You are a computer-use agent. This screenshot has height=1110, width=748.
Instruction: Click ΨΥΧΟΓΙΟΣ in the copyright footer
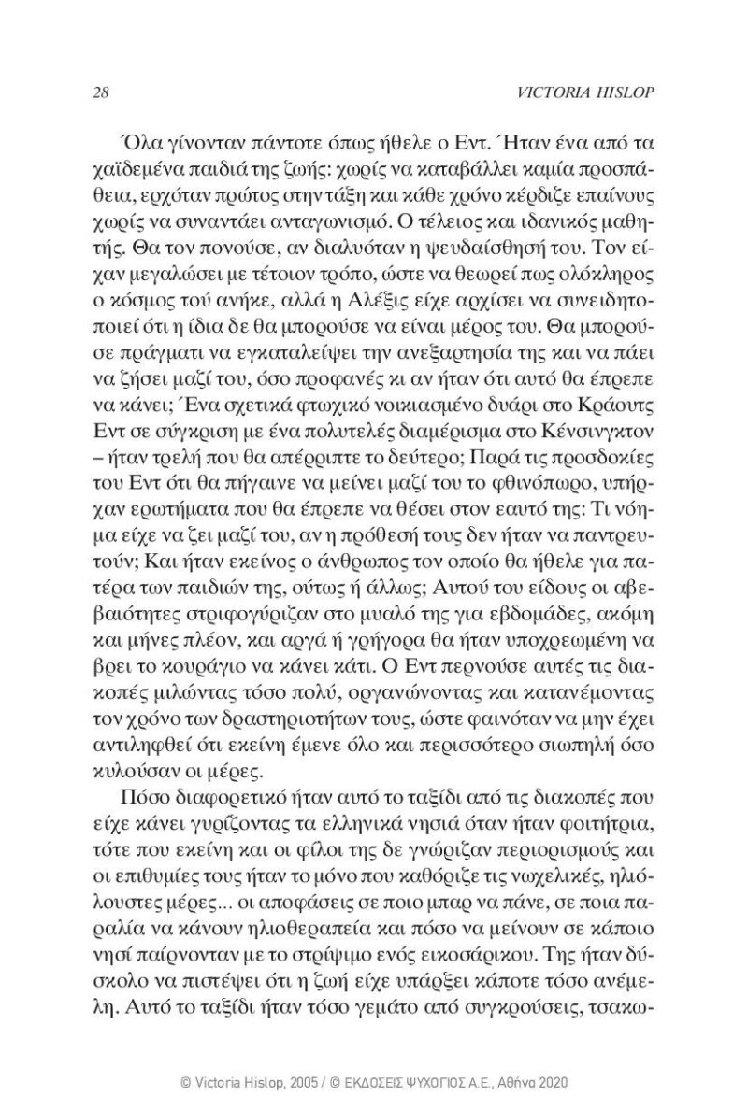click(x=425, y=1080)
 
